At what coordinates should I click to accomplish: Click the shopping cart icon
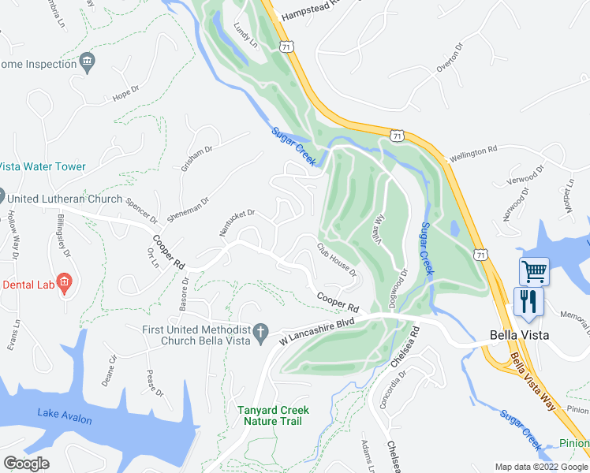pos(534,272)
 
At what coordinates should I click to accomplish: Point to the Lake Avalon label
pos(64,415)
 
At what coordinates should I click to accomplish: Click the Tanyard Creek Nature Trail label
pos(274,415)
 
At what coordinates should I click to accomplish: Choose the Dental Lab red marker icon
pos(64,282)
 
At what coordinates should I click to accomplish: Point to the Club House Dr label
pos(338,259)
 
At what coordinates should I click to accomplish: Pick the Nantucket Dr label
pos(237,223)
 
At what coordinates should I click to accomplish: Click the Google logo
pos(27,464)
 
